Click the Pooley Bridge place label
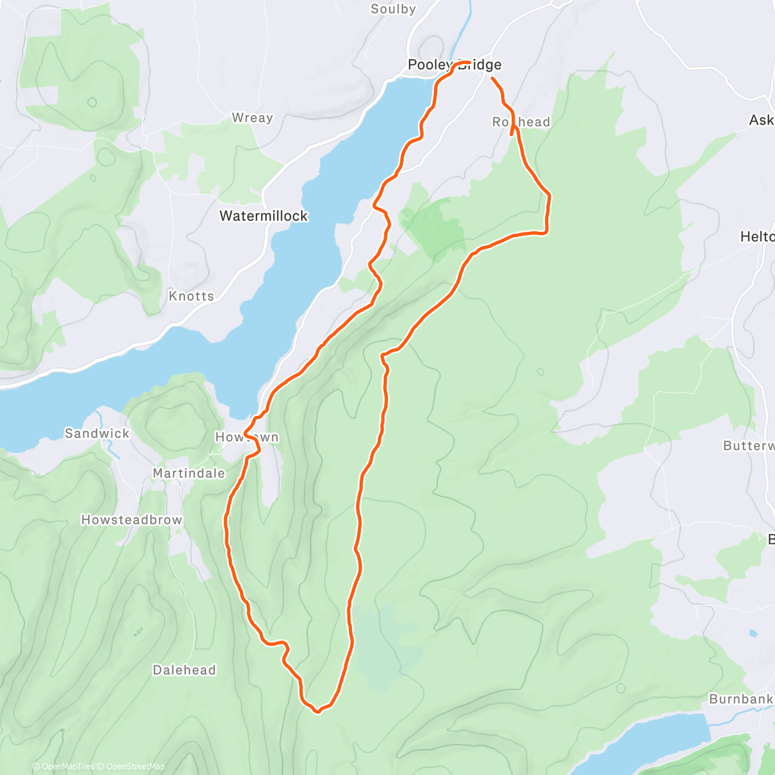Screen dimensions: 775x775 pos(454,65)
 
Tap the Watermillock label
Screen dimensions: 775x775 pos(263,216)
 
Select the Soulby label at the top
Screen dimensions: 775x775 pos(393,9)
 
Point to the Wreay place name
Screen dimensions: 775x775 pos(252,118)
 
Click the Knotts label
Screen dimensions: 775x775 pos(191,296)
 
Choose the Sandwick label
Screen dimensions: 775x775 pos(97,434)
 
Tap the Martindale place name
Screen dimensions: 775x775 pos(189,473)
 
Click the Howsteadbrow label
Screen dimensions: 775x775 pos(132,521)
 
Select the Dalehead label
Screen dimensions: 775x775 pos(184,670)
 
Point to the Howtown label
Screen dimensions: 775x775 pos(247,438)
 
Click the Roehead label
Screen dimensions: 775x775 pos(521,123)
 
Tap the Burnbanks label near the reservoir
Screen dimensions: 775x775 pos(741,699)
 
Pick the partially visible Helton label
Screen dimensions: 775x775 pos(757,237)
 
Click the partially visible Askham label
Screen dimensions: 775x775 pos(761,120)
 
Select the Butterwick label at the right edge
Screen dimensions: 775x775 pos(749,446)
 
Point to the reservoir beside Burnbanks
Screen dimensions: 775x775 pos(652,743)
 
